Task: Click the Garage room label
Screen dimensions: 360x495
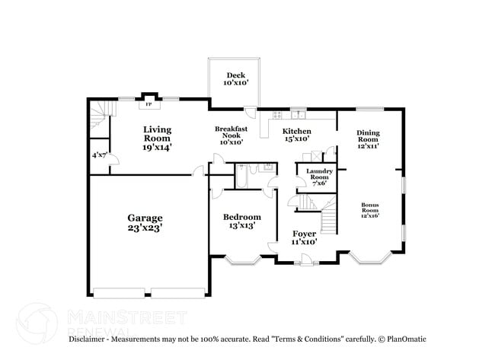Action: [x=145, y=218]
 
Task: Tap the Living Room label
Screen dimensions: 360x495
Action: [x=157, y=130]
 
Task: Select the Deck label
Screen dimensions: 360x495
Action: [x=234, y=75]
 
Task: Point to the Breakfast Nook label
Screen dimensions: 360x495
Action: [x=230, y=131]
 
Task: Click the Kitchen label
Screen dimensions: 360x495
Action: [x=297, y=132]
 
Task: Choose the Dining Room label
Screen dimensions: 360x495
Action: [x=368, y=134]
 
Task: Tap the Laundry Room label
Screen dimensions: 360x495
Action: [x=319, y=172]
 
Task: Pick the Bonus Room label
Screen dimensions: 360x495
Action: [x=370, y=205]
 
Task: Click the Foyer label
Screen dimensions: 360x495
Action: [x=304, y=234]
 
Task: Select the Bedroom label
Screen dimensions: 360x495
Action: [x=241, y=217]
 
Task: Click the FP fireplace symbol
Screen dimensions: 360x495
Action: [x=149, y=104]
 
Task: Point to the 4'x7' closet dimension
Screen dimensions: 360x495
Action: [x=99, y=155]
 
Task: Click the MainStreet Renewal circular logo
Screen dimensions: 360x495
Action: [x=37, y=320]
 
